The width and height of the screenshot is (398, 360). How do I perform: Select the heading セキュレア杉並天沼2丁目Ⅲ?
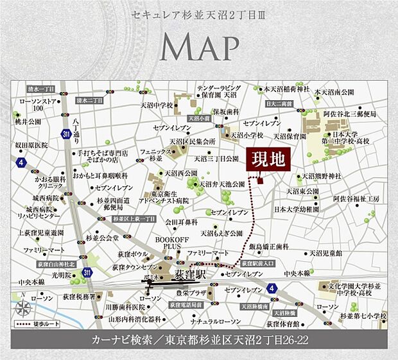(x=198, y=13)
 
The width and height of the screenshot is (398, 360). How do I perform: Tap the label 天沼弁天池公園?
(x=222, y=184)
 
